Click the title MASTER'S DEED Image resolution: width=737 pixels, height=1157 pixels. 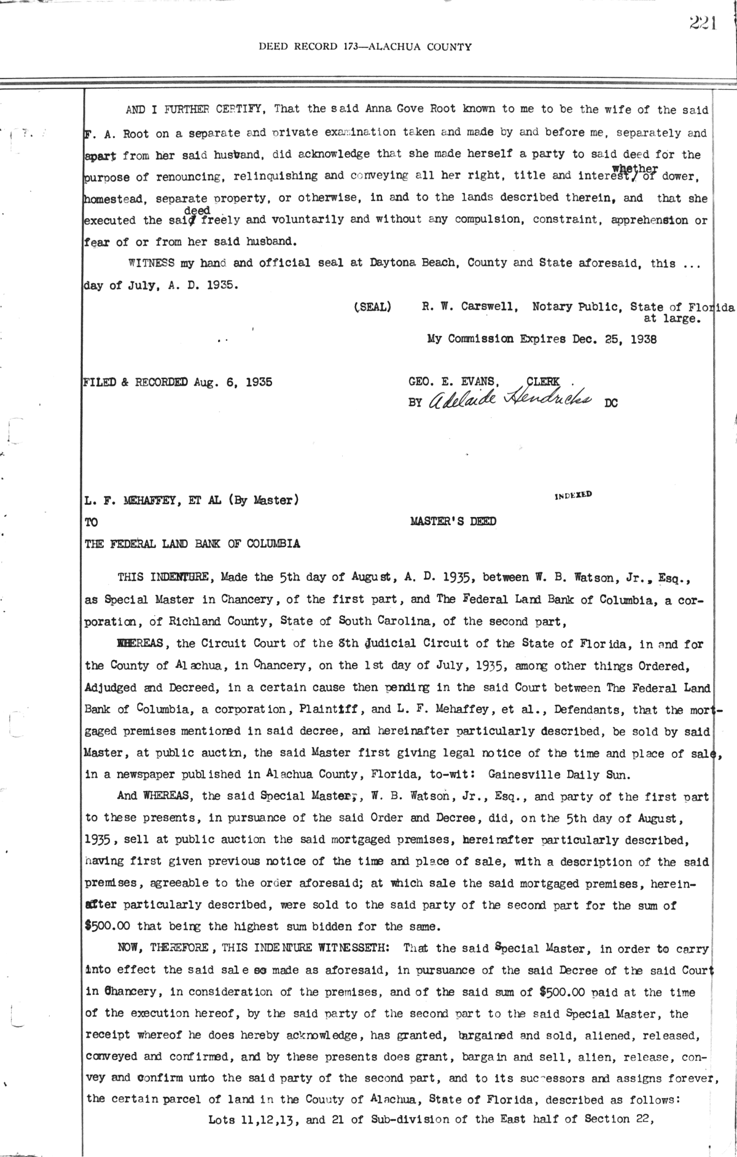453,522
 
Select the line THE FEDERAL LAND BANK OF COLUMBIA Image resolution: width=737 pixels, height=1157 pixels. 192,543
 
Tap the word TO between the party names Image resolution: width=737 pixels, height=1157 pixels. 92,522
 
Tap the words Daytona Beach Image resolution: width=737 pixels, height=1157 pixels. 413,263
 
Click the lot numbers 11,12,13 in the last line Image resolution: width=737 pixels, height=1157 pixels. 267,1120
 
